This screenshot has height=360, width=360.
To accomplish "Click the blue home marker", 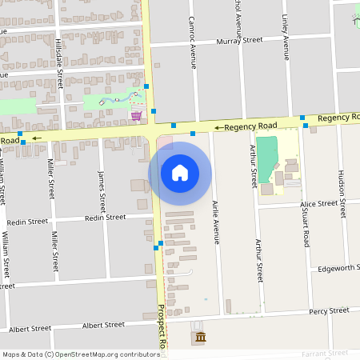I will (180, 173).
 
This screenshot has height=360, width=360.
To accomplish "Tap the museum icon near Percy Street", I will (198, 338).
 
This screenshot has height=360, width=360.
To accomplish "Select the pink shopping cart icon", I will (137, 116).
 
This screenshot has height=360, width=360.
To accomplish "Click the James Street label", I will (101, 190).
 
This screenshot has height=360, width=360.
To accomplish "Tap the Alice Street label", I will (318, 204).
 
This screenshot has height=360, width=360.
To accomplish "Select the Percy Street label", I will (329, 310).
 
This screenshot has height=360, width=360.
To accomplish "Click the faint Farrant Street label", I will (326, 353).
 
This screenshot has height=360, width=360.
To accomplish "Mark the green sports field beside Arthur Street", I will (266, 159).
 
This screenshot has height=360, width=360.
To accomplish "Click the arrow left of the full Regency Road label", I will (218, 126).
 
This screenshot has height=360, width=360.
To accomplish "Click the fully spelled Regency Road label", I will (250, 126).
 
